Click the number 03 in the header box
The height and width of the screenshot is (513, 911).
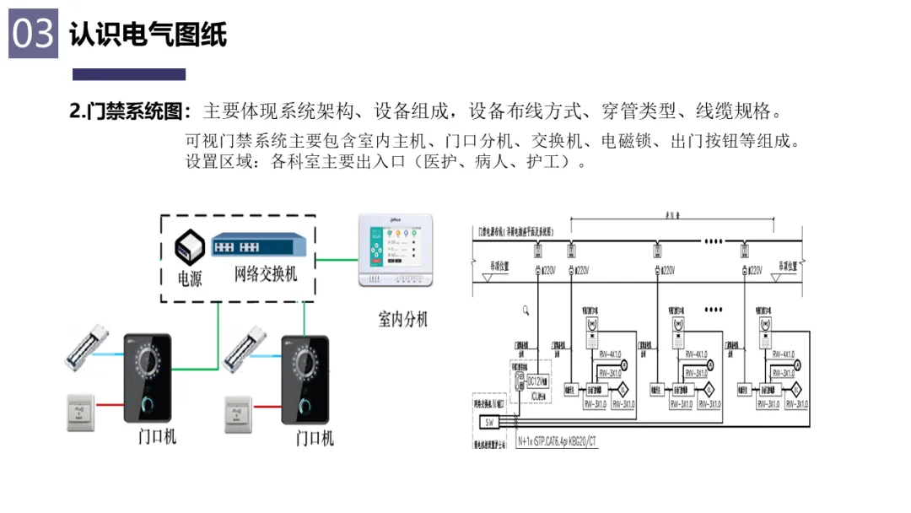coord(33,34)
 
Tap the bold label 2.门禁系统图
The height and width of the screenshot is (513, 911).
coord(130,112)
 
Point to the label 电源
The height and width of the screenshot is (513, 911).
coord(189,278)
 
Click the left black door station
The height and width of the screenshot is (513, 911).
coord(148,379)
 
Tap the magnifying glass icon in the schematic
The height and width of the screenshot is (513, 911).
coord(526,310)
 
